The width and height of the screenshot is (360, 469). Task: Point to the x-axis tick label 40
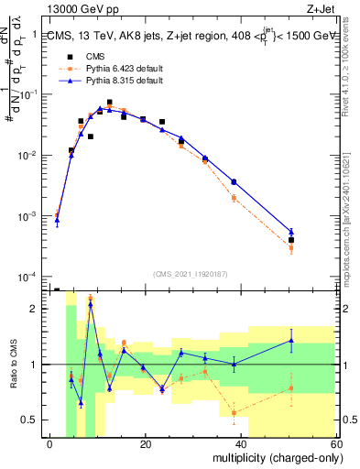(242, 444)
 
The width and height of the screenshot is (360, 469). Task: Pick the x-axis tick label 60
(336, 444)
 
